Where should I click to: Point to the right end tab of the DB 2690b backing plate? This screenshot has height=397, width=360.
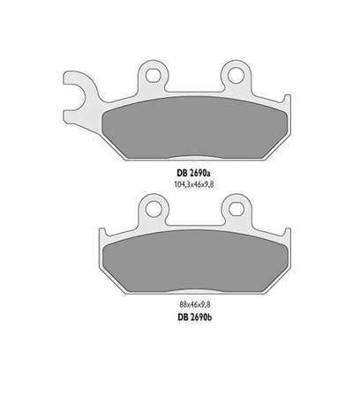click(x=289, y=236)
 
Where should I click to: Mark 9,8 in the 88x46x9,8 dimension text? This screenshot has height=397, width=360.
click(x=206, y=304)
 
